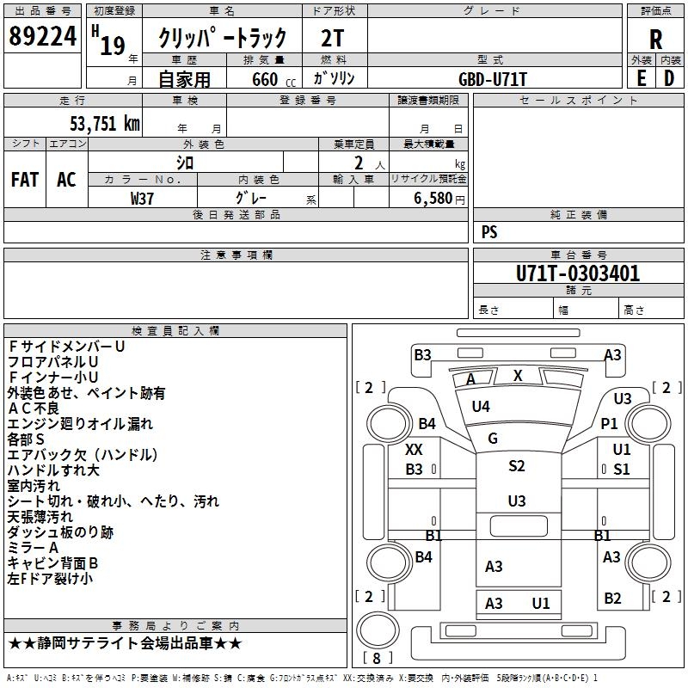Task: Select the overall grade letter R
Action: pos(655,40)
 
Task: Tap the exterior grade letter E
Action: pos(641,77)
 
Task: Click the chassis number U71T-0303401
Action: pos(577,274)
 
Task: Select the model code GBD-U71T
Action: pos(493,78)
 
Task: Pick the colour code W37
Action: pos(143,198)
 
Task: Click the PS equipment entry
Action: pos(489,232)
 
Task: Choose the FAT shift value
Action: pos(25,179)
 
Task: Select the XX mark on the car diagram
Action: pos(414,450)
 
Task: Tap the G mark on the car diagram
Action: pos(493,439)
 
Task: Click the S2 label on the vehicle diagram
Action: pos(516,466)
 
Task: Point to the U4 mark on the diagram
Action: pos(481,406)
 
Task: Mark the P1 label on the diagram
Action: pos(610,423)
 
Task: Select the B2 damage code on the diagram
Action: pos(612,599)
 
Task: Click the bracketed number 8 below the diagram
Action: pos(375,659)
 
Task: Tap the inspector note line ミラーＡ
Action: pos(33,548)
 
